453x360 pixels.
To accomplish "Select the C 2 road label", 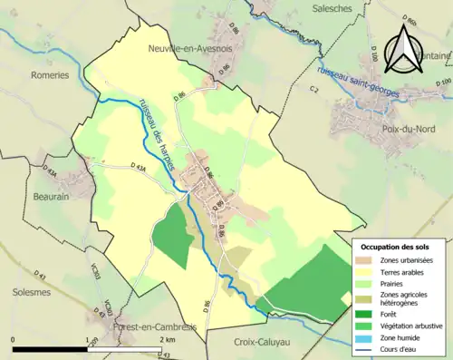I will coord(314,89).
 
